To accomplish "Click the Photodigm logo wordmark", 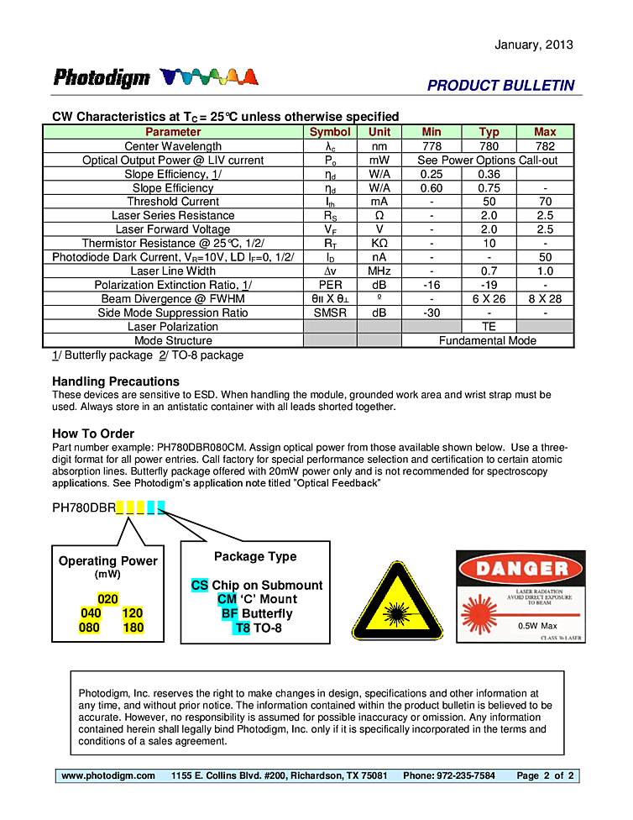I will coord(102,78).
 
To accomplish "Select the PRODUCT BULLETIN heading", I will coord(500,86).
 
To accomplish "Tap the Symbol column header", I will coord(330,132).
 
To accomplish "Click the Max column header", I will coord(545,132).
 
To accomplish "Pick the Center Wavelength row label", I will coord(173,146).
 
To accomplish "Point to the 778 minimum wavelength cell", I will coord(432,146).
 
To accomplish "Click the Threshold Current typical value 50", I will coord(489,202).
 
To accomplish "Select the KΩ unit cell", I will coord(379,244).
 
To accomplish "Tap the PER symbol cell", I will coord(330,285).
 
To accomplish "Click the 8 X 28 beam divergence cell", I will coord(545,299).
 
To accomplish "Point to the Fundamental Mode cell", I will coord(487,341).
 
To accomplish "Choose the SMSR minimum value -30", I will coord(432,313).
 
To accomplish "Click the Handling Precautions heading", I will coord(116,381).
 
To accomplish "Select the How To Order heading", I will coord(93,434).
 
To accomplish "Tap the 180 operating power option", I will coord(133,628).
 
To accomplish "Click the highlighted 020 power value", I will coord(107,599).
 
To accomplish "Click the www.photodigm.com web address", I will coord(108,775).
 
